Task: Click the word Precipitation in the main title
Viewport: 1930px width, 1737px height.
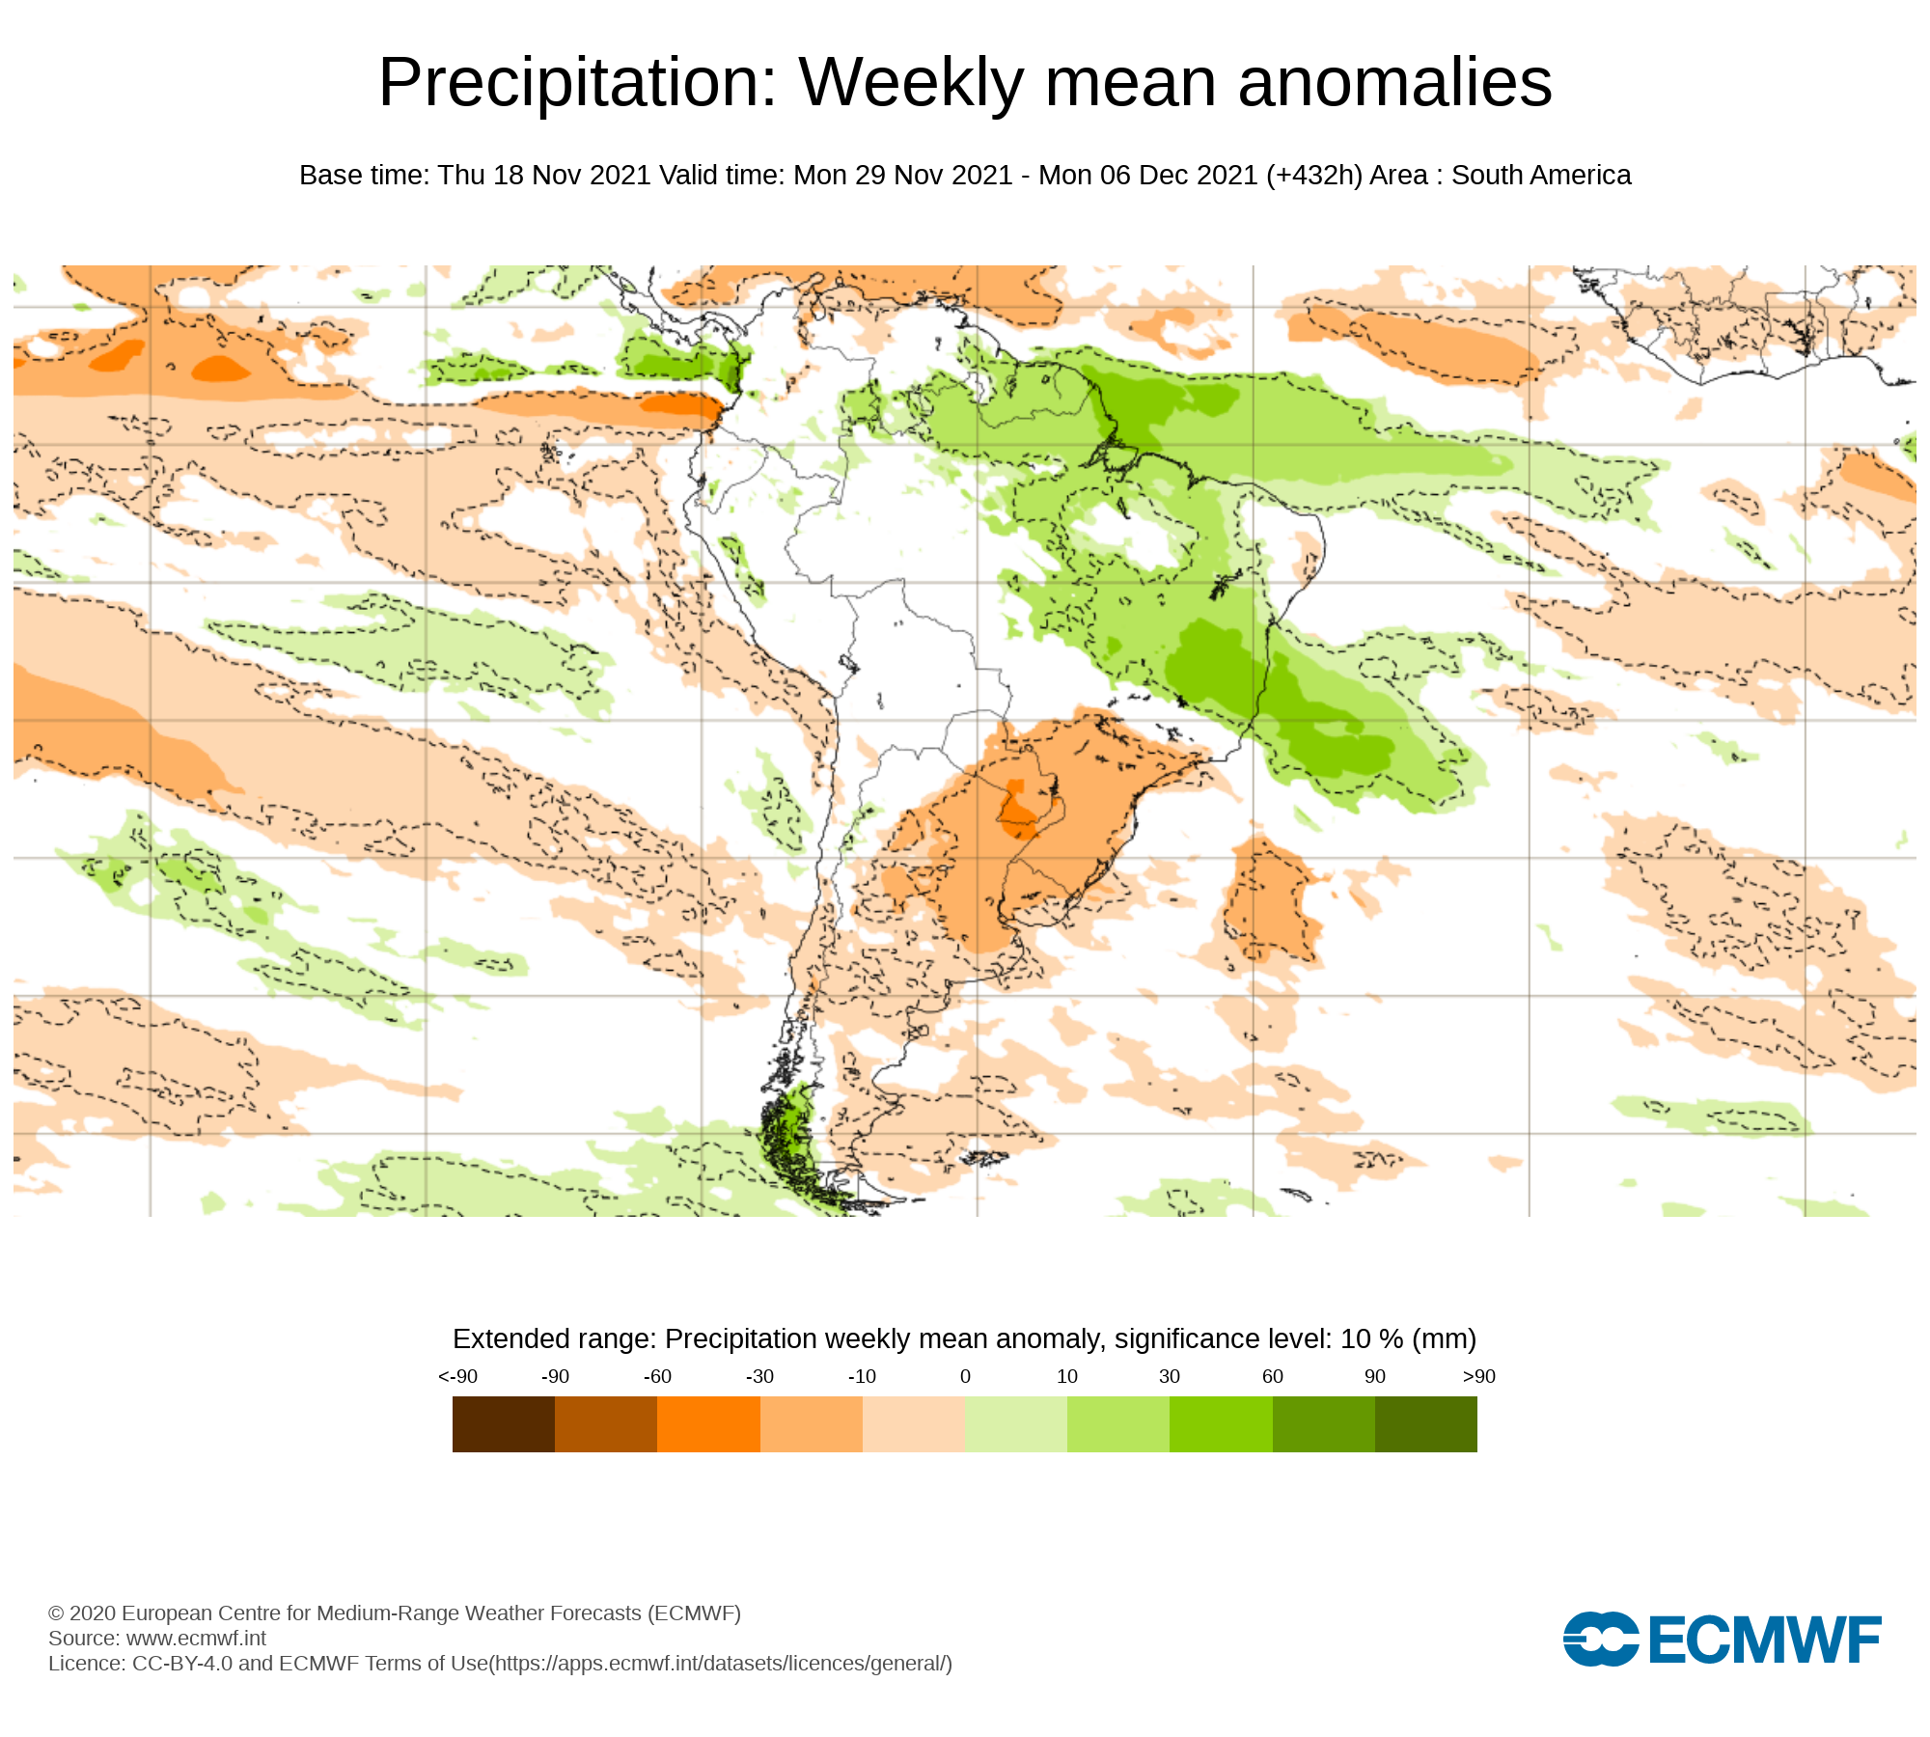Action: tap(577, 83)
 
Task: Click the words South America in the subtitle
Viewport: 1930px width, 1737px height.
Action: tap(1541, 176)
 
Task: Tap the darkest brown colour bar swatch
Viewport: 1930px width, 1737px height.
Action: tap(504, 1424)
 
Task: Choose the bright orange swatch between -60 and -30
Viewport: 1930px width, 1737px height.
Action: tap(708, 1424)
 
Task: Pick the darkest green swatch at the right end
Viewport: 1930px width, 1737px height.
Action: tap(1425, 1424)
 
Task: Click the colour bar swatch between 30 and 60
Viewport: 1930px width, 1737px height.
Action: tap(1221, 1424)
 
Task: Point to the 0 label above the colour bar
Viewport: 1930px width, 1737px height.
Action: tap(965, 1377)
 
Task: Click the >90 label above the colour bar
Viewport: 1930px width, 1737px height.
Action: tap(1478, 1377)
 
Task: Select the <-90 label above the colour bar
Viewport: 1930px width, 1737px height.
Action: tap(457, 1377)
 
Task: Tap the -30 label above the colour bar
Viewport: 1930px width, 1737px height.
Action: tap(759, 1377)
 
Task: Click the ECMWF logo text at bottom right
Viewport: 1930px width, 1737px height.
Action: tap(1765, 1640)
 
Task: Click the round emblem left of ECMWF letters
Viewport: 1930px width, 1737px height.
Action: tap(1600, 1639)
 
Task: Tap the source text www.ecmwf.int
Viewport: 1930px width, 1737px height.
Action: tap(196, 1639)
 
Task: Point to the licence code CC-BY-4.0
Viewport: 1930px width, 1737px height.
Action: tap(182, 1664)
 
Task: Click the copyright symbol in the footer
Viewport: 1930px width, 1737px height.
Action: tap(56, 1613)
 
